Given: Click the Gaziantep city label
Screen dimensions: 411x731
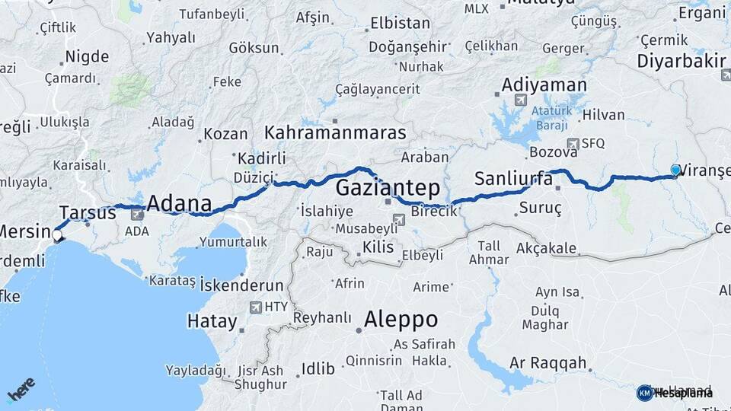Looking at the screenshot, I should [387, 186].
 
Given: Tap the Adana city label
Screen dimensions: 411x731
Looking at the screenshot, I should [178, 204].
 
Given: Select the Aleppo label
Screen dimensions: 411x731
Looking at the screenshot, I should [401, 318].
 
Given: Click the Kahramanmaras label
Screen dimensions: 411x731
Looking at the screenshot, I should [335, 133].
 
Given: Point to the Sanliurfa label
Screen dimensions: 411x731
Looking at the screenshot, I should [512, 179].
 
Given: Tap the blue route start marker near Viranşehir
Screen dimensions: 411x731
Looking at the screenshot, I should [675, 170].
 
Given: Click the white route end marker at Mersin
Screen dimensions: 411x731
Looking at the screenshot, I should [57, 236].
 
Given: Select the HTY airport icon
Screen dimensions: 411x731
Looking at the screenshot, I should [255, 307].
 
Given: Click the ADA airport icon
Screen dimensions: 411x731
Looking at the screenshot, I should [136, 215].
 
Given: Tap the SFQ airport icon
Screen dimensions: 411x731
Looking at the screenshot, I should [573, 143].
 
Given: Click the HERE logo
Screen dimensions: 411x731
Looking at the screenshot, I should [21, 390].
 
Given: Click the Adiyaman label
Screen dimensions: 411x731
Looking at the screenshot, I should [544, 84].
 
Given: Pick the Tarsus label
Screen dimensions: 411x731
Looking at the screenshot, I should [88, 212].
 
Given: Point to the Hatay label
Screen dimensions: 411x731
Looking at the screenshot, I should [212, 321].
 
